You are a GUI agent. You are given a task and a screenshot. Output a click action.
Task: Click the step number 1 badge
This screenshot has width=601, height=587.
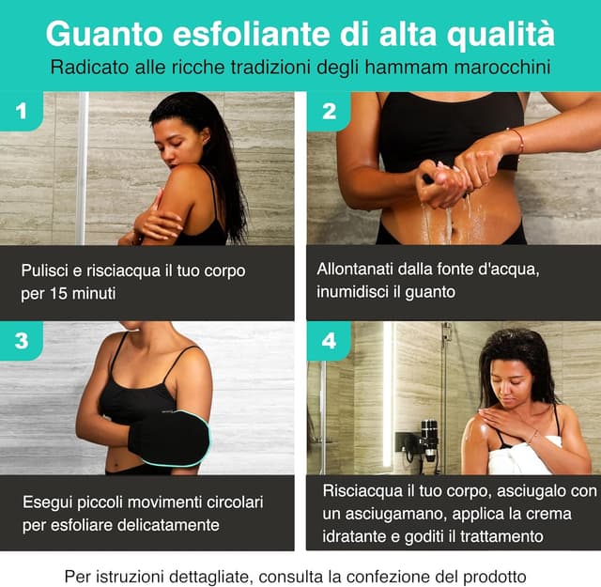pyautogui.click(x=21, y=112)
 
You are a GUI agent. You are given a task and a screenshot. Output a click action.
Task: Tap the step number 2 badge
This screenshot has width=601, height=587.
pyautogui.click(x=329, y=112)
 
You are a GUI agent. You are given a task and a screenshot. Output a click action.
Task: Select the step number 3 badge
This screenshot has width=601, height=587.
pyautogui.click(x=21, y=341)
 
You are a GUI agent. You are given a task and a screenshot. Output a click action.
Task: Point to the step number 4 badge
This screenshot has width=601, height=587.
pyautogui.click(x=329, y=341)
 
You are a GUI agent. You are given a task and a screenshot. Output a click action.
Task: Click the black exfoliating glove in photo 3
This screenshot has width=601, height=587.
pyautogui.click(x=168, y=438)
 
